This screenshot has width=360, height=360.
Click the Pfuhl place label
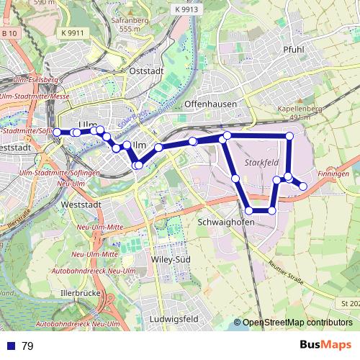[294, 50]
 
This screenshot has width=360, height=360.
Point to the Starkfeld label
[261, 163]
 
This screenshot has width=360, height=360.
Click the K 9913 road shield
[185, 9]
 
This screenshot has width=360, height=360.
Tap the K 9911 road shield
[72, 33]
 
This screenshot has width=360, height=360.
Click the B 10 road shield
[9, 34]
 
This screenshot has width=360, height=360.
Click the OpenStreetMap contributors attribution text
[297, 323]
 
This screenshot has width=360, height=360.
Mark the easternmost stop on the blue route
[303, 186]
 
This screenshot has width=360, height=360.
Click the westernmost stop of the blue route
[58, 132]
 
